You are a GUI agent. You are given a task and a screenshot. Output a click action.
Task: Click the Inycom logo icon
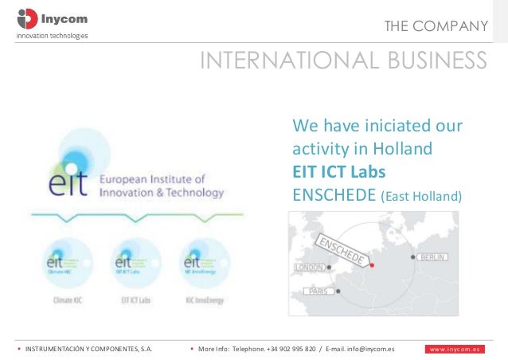coord(26,18)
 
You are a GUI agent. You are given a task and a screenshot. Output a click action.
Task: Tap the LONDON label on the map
coord(310,268)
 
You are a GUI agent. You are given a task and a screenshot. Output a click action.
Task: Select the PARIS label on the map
coord(319,292)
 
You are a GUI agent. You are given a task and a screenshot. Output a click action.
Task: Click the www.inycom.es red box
coord(453,348)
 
